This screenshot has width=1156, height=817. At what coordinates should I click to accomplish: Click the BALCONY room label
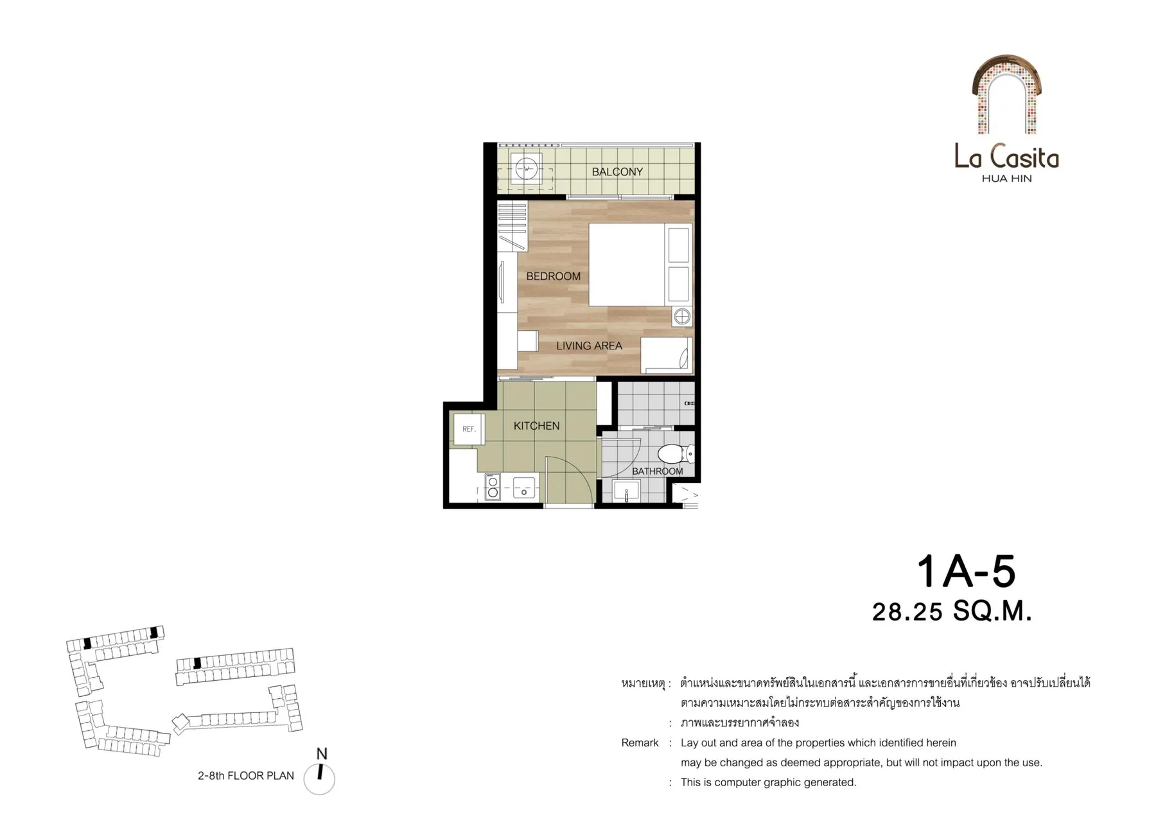point(617,171)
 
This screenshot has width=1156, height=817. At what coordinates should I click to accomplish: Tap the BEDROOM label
point(553,276)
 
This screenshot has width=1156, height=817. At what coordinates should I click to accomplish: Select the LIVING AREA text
point(589,346)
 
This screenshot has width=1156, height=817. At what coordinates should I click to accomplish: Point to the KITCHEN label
point(536,426)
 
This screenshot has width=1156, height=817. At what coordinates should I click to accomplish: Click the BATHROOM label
point(657,471)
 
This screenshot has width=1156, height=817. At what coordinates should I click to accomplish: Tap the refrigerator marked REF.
point(469,429)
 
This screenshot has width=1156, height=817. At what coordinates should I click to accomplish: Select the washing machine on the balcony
point(527,169)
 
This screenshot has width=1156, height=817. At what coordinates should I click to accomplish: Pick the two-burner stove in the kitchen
point(493,487)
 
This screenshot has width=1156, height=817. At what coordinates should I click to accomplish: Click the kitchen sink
point(525,488)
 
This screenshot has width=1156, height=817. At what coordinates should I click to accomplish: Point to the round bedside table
point(682,316)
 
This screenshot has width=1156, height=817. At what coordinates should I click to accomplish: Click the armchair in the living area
point(667,355)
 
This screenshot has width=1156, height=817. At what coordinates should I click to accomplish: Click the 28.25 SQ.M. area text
point(952,611)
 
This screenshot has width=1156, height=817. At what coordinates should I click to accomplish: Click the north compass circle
point(319,779)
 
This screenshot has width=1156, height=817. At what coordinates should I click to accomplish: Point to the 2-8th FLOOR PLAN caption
point(246,776)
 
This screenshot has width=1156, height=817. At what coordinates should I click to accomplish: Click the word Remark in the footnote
point(640,743)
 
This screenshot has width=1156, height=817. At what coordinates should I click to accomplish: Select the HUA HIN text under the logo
point(1006,179)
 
